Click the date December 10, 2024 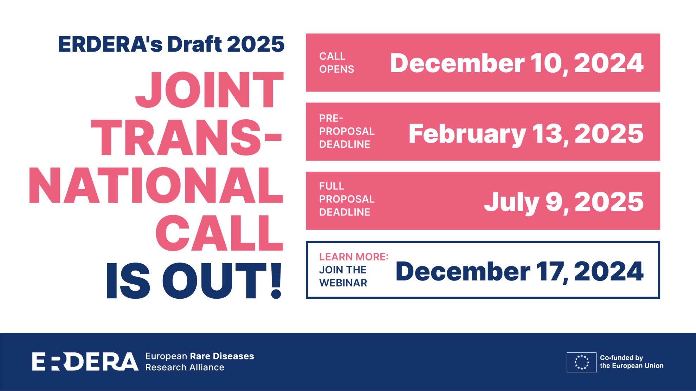(x=516, y=63)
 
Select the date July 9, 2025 (x=563, y=202)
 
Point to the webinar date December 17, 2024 (x=519, y=272)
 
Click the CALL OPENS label (x=336, y=63)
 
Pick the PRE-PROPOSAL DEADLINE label (x=347, y=131)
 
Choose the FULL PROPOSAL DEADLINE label (x=347, y=199)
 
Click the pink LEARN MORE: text (x=354, y=257)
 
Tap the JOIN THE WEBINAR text (x=343, y=276)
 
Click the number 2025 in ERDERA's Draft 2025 (x=256, y=45)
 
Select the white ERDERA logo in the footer (x=85, y=362)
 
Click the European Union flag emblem (x=581, y=362)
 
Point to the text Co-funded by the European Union (x=631, y=362)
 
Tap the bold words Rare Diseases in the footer (x=222, y=356)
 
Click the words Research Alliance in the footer (x=185, y=367)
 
